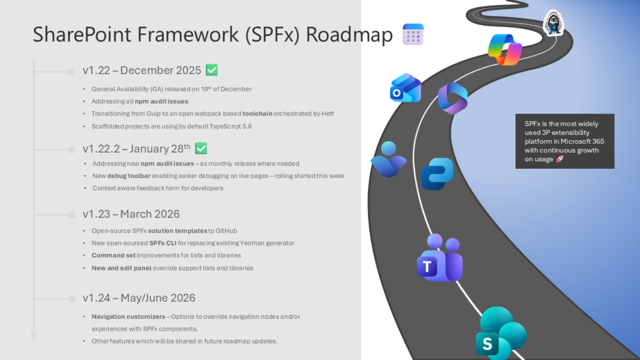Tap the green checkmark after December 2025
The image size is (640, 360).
coord(212,70)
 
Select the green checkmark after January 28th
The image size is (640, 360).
coord(201,148)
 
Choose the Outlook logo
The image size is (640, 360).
coord(405,88)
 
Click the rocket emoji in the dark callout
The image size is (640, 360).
coord(559,159)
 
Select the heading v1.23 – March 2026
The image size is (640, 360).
coord(131,214)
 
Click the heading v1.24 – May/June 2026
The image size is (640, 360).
coord(139,297)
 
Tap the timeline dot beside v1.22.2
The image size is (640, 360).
coord(71,149)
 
